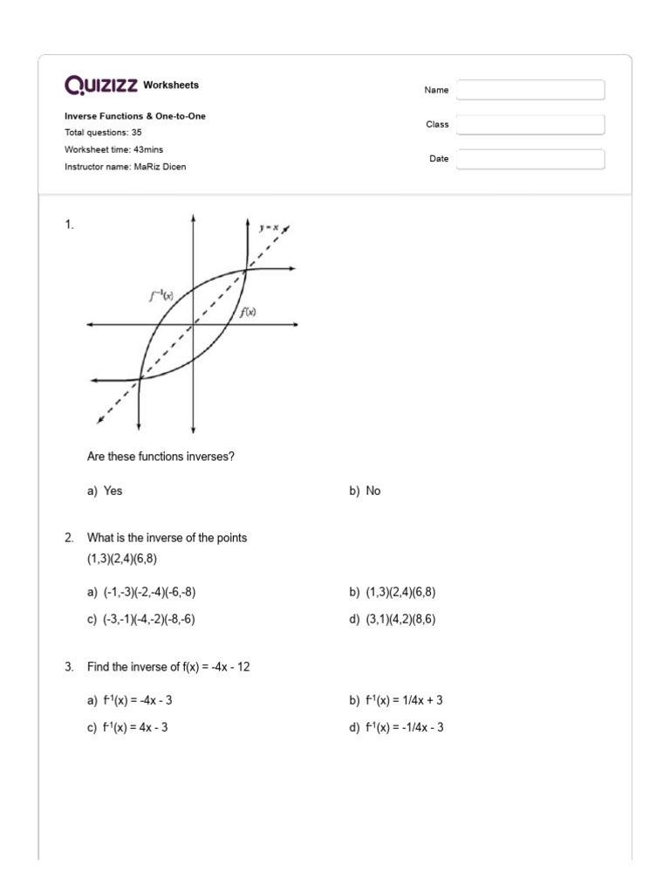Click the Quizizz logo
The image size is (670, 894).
(101, 85)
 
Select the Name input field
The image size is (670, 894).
(530, 90)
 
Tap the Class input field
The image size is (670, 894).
(530, 125)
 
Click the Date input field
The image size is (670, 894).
(530, 159)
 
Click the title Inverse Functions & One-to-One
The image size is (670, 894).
(135, 116)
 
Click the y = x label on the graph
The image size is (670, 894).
(269, 227)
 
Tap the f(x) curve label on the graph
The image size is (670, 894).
(248, 312)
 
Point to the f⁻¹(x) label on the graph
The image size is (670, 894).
(161, 296)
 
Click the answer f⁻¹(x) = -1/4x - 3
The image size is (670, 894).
(404, 727)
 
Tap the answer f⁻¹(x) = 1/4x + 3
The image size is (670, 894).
(404, 700)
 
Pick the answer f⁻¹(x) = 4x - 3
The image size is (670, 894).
(135, 727)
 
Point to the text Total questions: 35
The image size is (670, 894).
(103, 133)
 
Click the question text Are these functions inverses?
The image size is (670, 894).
(161, 457)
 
